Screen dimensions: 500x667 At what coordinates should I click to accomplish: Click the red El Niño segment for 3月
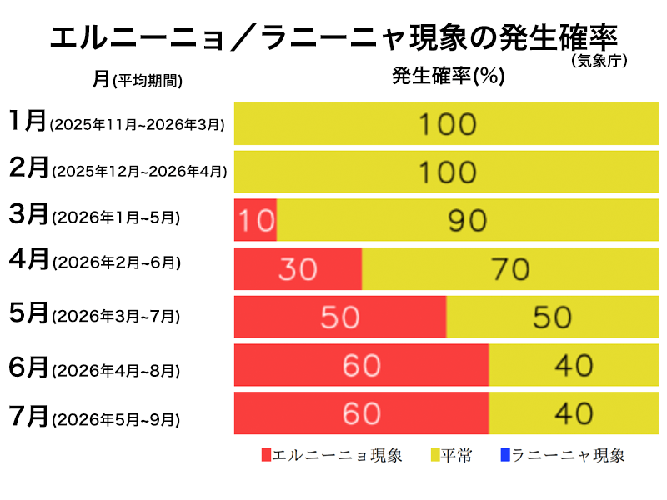[255, 220]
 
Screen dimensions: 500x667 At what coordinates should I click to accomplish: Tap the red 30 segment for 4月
[298, 268]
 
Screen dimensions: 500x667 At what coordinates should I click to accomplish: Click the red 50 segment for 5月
[340, 317]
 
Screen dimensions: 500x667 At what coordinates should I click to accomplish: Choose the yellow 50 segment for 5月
[551, 317]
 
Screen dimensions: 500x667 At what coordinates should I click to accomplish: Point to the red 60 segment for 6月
[361, 365]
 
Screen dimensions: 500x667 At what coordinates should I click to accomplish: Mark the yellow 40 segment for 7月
[572, 413]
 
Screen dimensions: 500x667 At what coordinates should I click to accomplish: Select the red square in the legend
[267, 455]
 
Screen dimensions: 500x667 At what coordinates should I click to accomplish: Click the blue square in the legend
[505, 455]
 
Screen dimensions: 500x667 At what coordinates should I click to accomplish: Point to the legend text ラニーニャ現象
[568, 455]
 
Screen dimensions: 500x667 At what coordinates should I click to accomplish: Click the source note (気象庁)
[599, 61]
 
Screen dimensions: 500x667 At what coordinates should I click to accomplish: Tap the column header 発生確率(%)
[449, 77]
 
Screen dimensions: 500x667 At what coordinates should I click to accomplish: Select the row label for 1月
[28, 122]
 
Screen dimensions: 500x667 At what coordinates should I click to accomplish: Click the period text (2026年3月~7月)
[116, 317]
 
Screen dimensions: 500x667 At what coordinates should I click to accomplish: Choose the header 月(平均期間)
[138, 79]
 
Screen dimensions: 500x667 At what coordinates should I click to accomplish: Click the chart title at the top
[333, 37]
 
